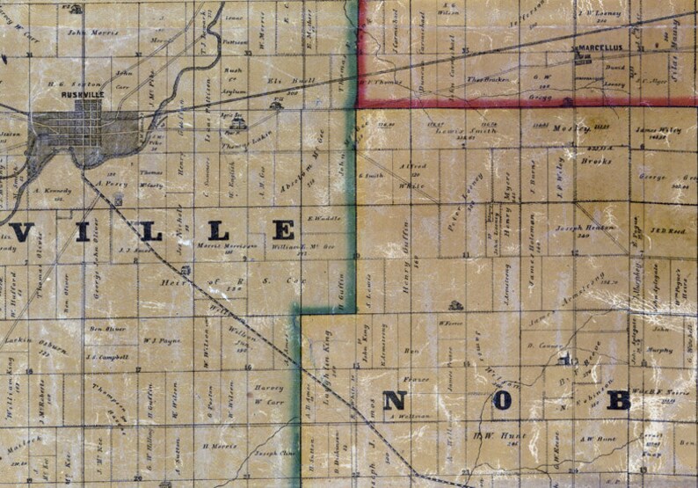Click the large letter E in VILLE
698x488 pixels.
point(283,231)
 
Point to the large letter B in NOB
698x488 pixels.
point(619,400)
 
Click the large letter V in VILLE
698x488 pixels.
point(23,232)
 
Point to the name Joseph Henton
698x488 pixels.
point(585,228)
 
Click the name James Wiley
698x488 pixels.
point(658,131)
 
